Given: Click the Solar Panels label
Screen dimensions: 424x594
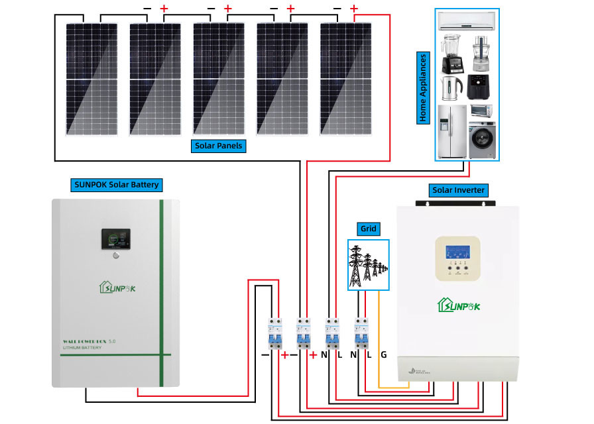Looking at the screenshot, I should coord(219,145).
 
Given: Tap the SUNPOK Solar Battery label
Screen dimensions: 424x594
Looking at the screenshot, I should coord(116,184).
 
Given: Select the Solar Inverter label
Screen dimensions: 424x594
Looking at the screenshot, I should coord(459,190).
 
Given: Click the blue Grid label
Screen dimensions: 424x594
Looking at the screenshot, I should coord(369,229).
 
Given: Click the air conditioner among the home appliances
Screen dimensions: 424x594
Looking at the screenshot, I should coord(467,22).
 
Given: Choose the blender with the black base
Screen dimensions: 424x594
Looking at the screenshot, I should coord(449,52).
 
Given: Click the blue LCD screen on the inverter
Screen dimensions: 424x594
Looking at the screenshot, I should coord(458,252).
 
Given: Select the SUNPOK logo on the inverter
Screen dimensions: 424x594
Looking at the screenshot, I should coord(458,305).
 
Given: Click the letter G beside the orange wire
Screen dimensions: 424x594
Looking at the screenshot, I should coord(383,355).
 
